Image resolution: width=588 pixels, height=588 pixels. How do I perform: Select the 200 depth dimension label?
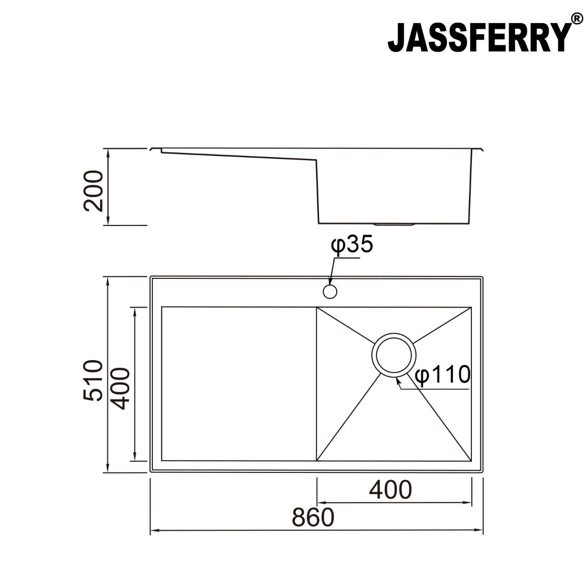coord(94,191)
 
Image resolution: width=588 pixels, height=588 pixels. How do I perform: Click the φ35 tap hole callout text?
coord(352,244)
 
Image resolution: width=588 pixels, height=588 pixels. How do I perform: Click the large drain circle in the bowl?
coord(394,356)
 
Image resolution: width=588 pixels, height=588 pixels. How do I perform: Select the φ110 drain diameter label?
coord(442,375)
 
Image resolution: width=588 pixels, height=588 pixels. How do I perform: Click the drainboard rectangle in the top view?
coord(239,384)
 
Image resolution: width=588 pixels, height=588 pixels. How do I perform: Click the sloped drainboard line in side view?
coord(240,155)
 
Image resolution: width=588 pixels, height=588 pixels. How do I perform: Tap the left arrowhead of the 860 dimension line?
coord(153,530)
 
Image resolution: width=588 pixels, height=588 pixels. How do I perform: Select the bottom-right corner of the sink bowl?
coord(471,461)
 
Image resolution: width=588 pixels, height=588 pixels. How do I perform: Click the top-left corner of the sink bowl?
coord(317,308)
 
